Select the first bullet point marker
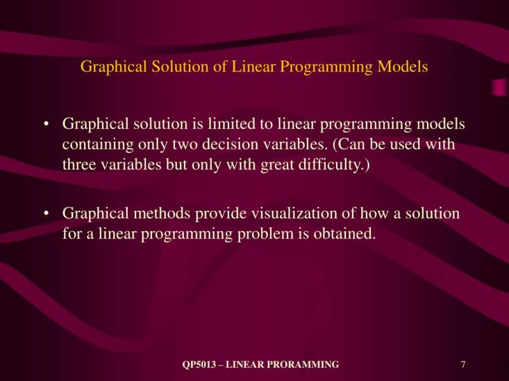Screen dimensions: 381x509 pyautogui.click(x=46, y=124)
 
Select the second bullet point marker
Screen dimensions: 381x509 pyautogui.click(x=46, y=214)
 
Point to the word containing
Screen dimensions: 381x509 pyautogui.click(x=97, y=144)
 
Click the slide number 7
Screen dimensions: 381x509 pyautogui.click(x=463, y=364)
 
